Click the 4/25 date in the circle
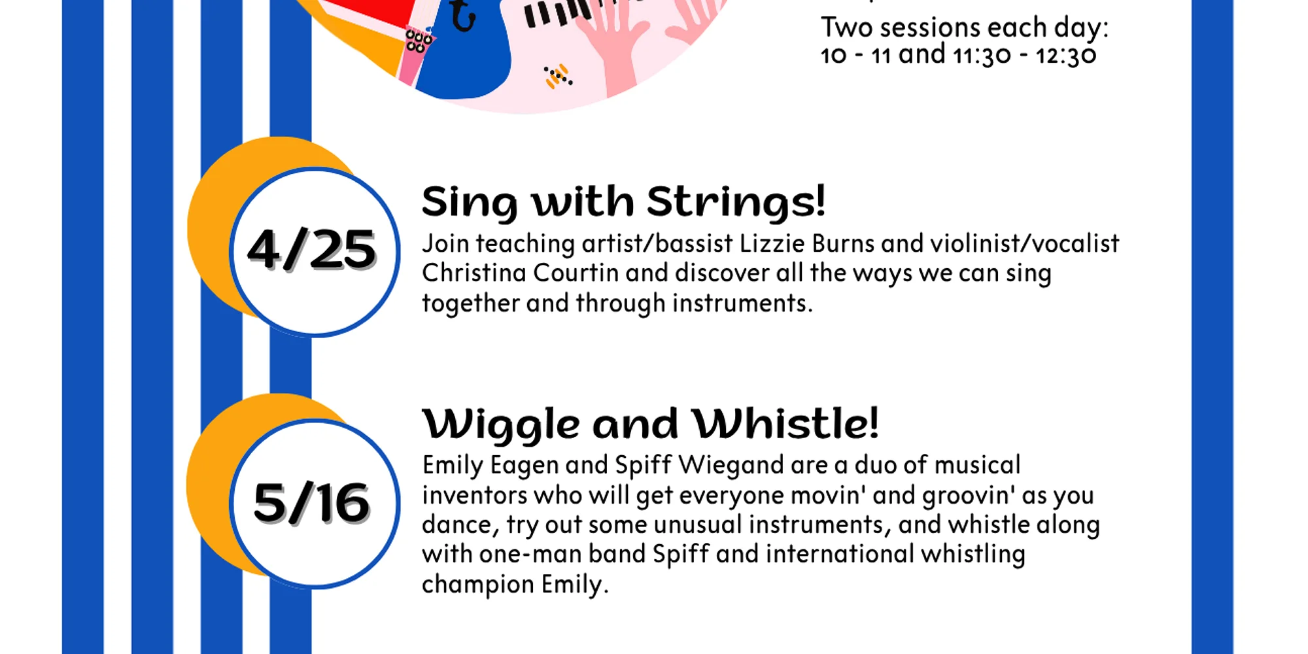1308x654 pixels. point(311,249)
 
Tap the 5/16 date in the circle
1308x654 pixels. point(312,502)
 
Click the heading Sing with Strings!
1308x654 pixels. point(623,201)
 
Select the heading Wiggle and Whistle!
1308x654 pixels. point(651,424)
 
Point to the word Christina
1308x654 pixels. point(474,273)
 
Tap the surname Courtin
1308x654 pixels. point(576,273)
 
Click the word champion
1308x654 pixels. point(478,584)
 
